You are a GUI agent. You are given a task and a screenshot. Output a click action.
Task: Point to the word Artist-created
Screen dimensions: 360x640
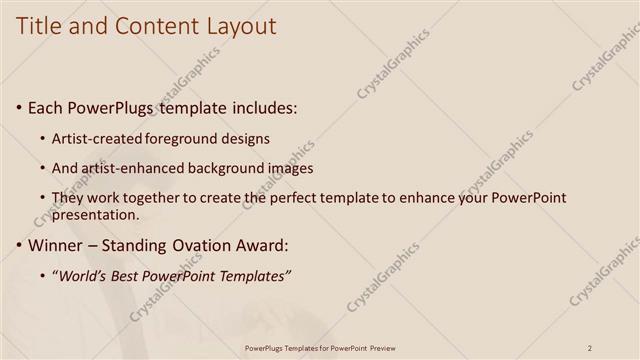click(x=96, y=138)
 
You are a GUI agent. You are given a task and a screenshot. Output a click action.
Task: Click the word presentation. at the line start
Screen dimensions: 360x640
click(x=95, y=215)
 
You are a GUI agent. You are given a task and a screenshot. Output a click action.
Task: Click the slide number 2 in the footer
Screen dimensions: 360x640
click(x=590, y=348)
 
